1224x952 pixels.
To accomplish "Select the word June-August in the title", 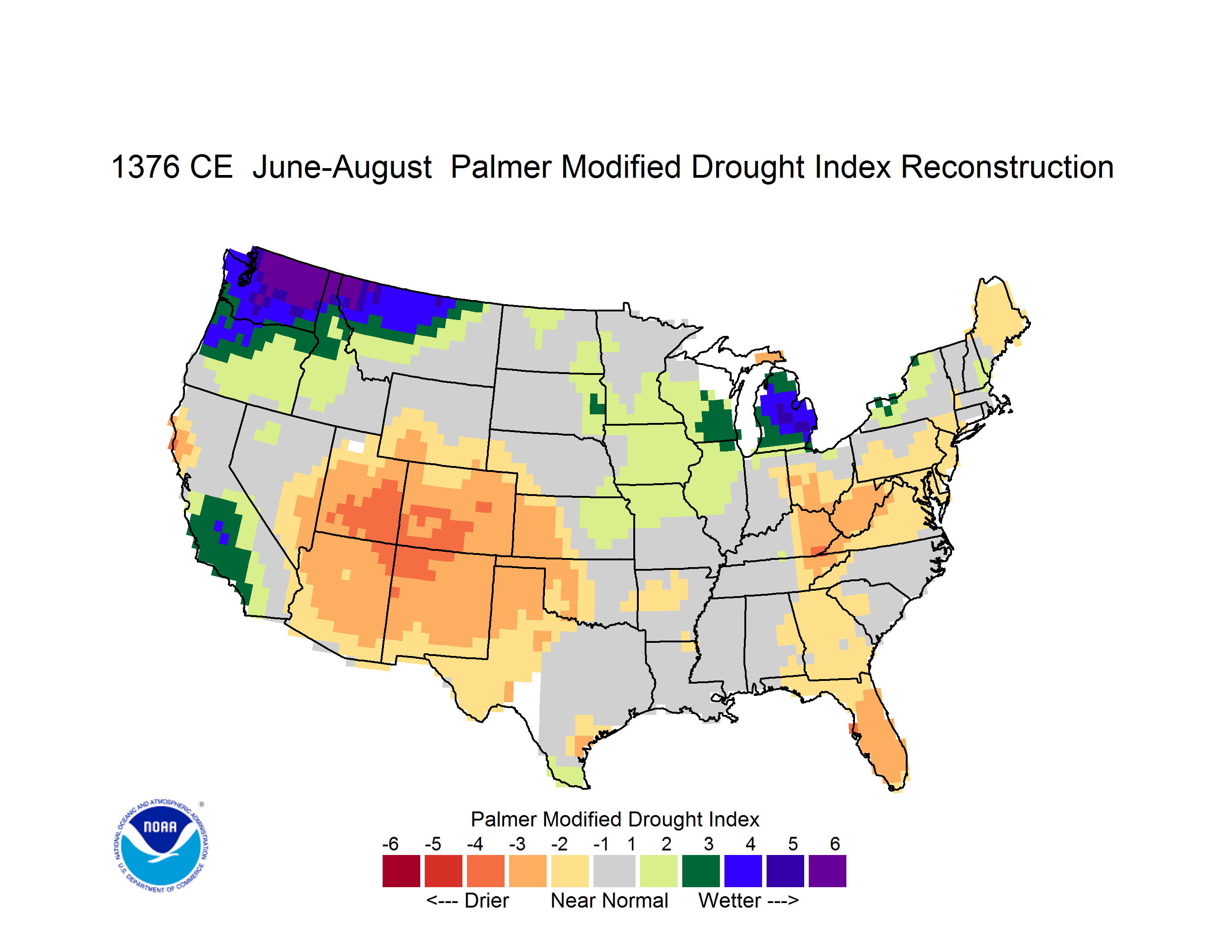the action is pyautogui.click(x=342, y=168).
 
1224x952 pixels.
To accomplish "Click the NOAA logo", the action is pyautogui.click(x=161, y=846).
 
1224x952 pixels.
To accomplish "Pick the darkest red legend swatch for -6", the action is pyautogui.click(x=401, y=871).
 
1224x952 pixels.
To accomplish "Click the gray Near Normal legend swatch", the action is pyautogui.click(x=614, y=871).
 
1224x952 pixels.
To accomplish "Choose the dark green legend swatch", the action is pyautogui.click(x=700, y=871).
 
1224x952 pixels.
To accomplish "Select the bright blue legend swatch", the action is pyautogui.click(x=743, y=871).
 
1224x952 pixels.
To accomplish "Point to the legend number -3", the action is pyautogui.click(x=517, y=844).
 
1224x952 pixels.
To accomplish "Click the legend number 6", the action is pyautogui.click(x=835, y=844).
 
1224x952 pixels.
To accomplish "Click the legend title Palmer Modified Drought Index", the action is pyautogui.click(x=615, y=819).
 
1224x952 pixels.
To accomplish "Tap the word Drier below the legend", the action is pyautogui.click(x=486, y=900).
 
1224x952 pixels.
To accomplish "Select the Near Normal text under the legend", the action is pyautogui.click(x=609, y=900).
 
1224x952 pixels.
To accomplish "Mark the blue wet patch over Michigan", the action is pyautogui.click(x=787, y=413).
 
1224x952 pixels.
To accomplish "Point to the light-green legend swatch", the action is pyautogui.click(x=659, y=871).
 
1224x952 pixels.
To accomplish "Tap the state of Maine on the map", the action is pyautogui.click(x=998, y=320).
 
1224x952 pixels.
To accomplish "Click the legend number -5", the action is pyautogui.click(x=432, y=844).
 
